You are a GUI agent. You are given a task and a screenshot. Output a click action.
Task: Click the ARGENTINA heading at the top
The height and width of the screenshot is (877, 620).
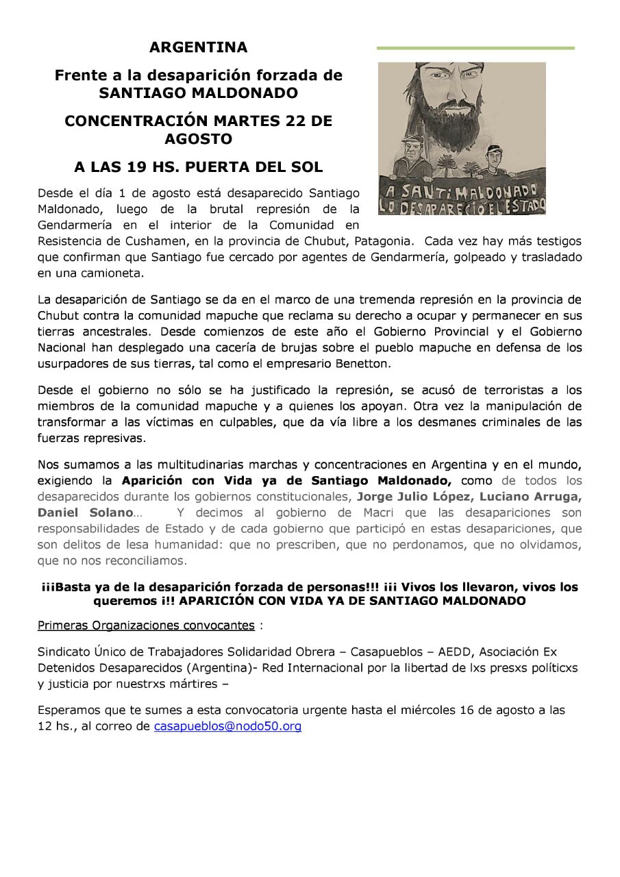coord(198,48)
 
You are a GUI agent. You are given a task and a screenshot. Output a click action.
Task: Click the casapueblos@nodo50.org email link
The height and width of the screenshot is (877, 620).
coord(227,726)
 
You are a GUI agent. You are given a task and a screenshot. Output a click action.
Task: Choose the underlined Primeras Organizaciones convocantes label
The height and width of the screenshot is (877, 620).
coord(146,626)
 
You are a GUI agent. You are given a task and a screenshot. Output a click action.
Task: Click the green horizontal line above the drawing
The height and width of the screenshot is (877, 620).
coord(475,49)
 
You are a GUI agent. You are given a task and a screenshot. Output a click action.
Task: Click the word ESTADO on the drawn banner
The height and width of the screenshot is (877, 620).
coord(523,203)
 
